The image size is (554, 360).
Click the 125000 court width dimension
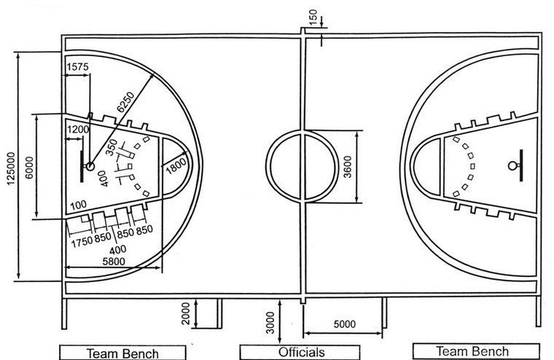tap(11, 168)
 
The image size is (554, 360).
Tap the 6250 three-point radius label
tap(126, 102)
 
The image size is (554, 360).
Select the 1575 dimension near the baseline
tap(77, 67)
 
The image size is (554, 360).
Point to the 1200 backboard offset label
tap(78, 129)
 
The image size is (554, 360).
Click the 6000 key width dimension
tap(29, 168)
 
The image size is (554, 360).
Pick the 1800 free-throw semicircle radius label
tap(176, 165)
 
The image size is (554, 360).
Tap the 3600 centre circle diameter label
tap(348, 167)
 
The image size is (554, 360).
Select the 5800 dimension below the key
tap(114, 262)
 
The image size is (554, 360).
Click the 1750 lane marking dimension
tap(82, 242)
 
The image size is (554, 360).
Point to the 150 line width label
tap(313, 17)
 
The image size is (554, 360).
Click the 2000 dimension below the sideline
tap(185, 313)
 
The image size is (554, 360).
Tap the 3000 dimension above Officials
tap(270, 322)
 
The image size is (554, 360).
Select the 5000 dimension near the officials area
tap(345, 324)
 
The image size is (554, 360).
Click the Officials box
tap(300, 352)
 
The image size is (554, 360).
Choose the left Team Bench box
tap(122, 353)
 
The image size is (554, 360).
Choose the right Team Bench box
tap(476, 351)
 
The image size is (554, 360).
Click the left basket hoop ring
tap(90, 166)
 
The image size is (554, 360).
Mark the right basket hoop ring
tap(512, 165)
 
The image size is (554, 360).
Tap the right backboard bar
tap(521, 165)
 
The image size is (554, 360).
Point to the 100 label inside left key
tap(79, 205)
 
